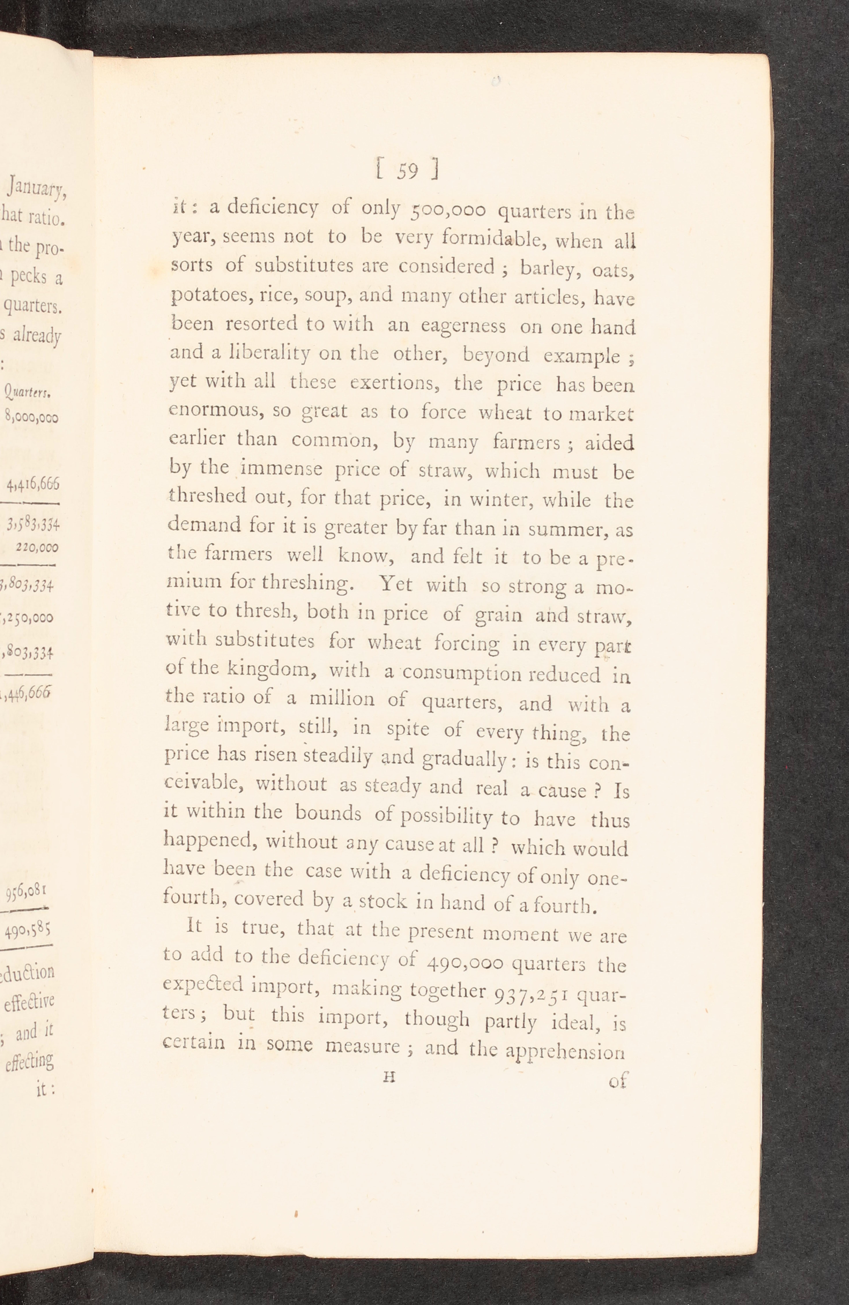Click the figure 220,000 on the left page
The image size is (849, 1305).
pyautogui.click(x=37, y=547)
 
